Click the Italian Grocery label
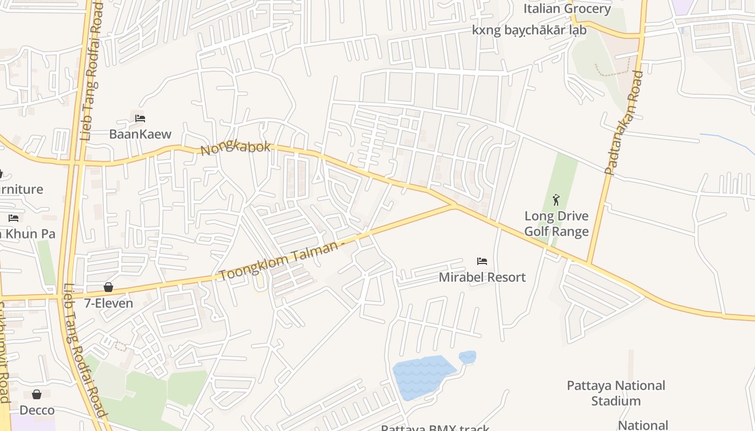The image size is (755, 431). [567, 9]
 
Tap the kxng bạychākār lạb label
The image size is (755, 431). [529, 30]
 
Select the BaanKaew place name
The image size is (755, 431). [140, 134]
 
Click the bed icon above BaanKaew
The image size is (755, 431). [140, 118]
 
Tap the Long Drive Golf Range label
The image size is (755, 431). [557, 224]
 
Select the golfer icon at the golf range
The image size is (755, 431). [556, 200]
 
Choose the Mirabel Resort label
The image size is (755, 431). [482, 277]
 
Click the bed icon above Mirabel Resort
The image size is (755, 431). [482, 261]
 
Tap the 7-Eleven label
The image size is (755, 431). [108, 303]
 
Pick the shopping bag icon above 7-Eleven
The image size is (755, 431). [108, 287]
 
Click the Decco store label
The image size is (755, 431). [37, 411]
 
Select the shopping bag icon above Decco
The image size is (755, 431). [37, 394]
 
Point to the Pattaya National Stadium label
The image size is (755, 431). [616, 393]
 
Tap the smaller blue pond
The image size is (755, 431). [468, 357]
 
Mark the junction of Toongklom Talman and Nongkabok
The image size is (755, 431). [456, 205]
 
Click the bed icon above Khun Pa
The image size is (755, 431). [13, 218]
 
